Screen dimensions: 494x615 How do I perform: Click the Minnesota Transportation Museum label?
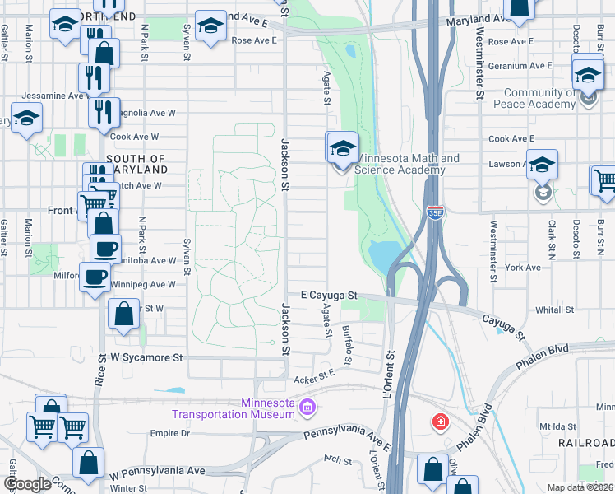(x=232, y=408)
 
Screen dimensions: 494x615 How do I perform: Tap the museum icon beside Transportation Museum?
(x=307, y=407)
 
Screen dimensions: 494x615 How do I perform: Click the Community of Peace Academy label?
(x=539, y=99)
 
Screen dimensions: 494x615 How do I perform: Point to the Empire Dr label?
(x=169, y=433)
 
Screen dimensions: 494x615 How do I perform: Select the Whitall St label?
(x=555, y=310)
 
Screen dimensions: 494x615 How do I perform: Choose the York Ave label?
(x=524, y=268)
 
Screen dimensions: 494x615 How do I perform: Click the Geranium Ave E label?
(x=520, y=65)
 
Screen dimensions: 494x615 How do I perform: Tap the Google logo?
(x=27, y=483)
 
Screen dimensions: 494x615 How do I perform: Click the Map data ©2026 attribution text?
(x=580, y=487)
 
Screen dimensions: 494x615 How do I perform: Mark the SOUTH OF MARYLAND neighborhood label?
(x=136, y=164)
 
